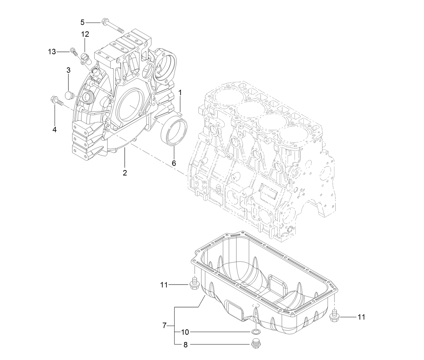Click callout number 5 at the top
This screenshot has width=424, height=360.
[82, 22]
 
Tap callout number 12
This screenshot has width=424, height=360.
[85, 34]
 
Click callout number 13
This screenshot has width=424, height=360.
[52, 52]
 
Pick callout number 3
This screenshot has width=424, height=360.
[68, 70]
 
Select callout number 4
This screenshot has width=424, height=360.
[54, 129]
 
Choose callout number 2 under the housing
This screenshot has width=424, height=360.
[125, 173]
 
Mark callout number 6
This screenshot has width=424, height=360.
[174, 163]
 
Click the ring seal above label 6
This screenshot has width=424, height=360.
[174, 133]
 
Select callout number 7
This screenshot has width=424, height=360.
[164, 325]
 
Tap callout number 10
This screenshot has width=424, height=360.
[185, 332]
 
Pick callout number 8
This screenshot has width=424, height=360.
[185, 345]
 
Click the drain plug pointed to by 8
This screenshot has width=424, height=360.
[256, 344]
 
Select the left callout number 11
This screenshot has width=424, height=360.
[164, 285]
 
